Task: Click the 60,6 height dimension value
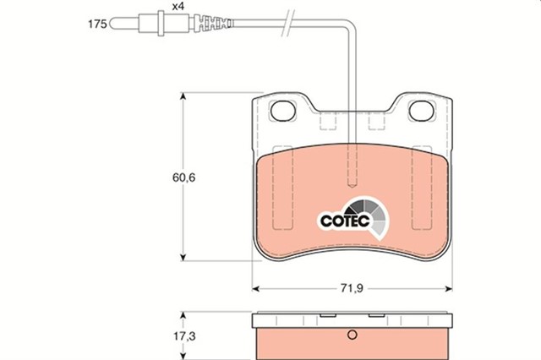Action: pyautogui.click(x=183, y=177)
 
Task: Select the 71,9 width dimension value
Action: pyautogui.click(x=352, y=287)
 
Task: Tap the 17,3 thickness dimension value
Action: pyautogui.click(x=184, y=335)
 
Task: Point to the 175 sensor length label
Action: pyautogui.click(x=97, y=25)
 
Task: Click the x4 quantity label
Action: pyautogui.click(x=178, y=6)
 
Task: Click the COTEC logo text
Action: pyautogui.click(x=345, y=221)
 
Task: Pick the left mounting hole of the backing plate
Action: pyautogui.click(x=283, y=111)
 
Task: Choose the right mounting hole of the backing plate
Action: pyautogui.click(x=421, y=111)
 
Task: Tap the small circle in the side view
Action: pyautogui.click(x=352, y=335)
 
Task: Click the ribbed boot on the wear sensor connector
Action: pyautogui.click(x=212, y=24)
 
